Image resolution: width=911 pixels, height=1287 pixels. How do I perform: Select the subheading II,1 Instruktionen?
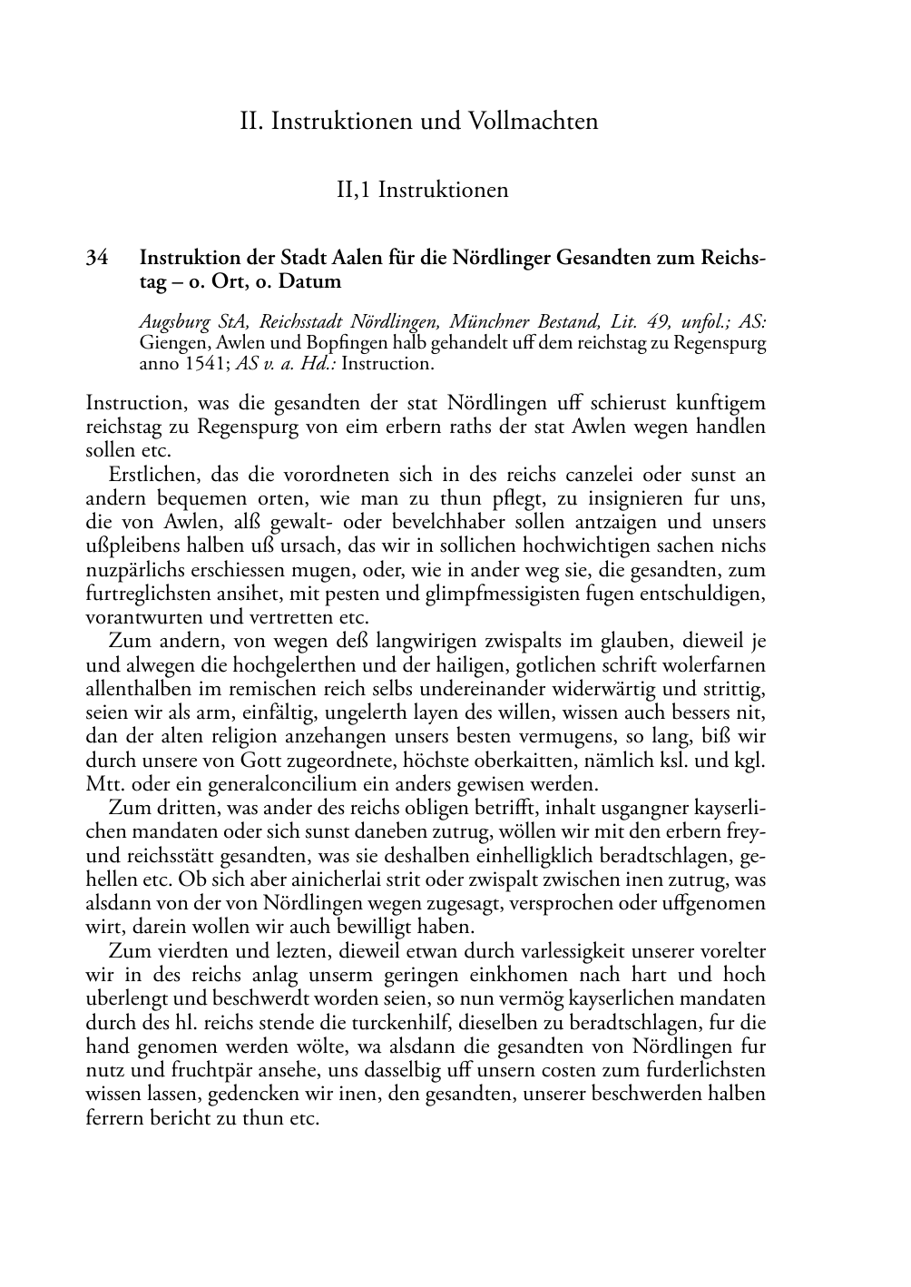(422, 190)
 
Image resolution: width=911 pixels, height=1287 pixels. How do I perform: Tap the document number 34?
(97, 259)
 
